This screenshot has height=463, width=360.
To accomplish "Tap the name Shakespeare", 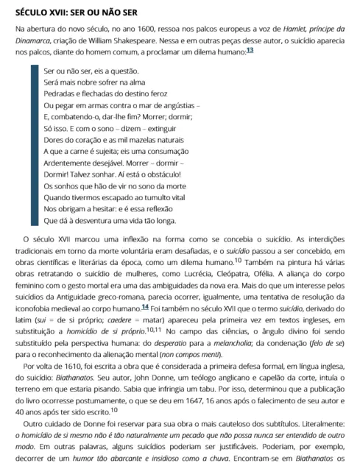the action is click(152, 41).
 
